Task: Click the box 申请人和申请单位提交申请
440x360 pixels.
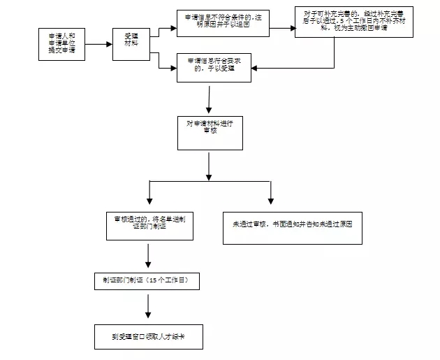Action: pos(62,44)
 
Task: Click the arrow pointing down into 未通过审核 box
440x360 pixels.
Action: pos(271,192)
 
